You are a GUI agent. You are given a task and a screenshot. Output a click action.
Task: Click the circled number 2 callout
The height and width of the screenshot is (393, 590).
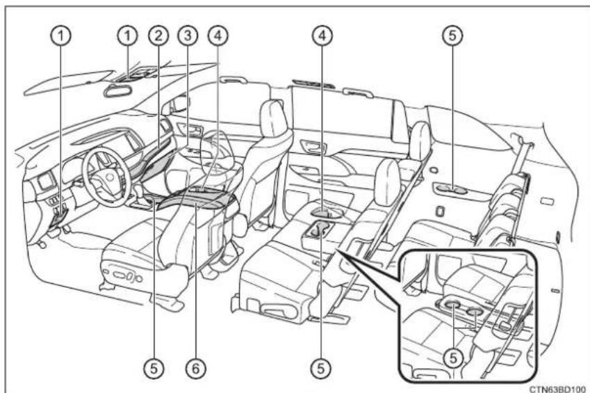click(158, 35)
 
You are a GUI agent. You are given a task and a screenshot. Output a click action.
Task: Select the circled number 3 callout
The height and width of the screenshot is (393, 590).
click(188, 35)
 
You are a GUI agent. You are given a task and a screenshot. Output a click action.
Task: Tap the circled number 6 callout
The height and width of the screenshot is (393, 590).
click(196, 368)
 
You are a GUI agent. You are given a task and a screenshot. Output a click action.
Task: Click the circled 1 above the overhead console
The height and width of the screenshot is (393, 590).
click(128, 35)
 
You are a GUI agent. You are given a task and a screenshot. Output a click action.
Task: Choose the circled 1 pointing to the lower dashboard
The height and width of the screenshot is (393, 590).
click(60, 35)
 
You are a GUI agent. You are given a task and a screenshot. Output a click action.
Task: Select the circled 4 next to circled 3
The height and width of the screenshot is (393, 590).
click(218, 35)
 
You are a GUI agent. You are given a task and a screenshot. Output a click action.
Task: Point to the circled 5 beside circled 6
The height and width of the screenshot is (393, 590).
click(154, 368)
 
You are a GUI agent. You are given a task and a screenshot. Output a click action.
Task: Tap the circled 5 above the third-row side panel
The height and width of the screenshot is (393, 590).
click(452, 35)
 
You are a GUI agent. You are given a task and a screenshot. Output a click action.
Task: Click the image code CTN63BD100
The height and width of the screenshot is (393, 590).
click(557, 388)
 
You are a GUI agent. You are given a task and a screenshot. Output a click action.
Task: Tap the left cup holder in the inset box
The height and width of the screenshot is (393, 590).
click(453, 303)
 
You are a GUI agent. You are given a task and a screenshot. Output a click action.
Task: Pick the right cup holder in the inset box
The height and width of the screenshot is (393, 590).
click(475, 311)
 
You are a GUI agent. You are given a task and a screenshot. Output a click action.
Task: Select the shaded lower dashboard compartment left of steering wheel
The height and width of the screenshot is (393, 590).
click(58, 218)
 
